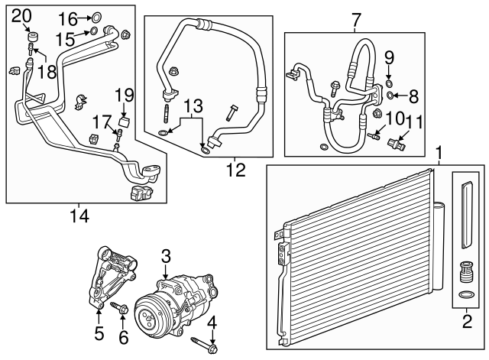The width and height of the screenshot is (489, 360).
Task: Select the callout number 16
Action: coord(69,18)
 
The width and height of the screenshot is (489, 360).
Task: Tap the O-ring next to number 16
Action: coord(95,17)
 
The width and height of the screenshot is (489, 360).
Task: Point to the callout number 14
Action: coord(79,216)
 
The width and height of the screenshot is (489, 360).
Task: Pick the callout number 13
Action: coord(194,105)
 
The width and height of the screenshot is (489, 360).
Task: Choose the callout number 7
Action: coord(355,18)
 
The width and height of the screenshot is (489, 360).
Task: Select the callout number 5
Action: coord(99,333)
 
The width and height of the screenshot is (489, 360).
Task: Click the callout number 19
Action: coord(125,96)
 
